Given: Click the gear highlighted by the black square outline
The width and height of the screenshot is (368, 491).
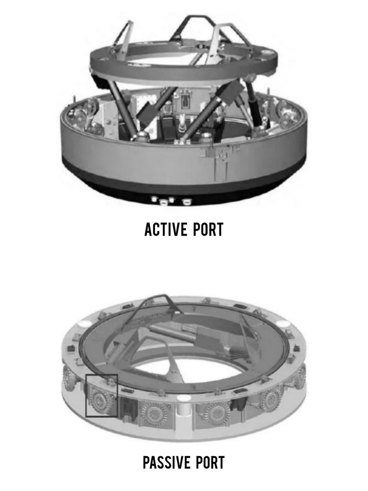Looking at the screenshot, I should point(100,400).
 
